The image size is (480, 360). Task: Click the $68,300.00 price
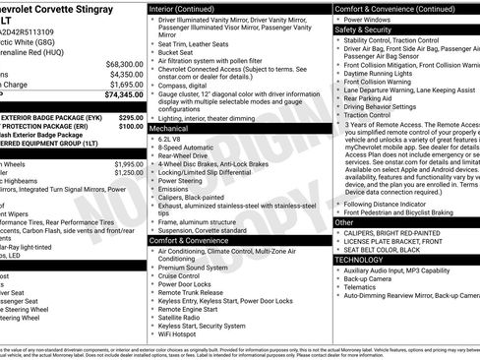click(x=125, y=63)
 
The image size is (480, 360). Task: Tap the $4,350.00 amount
click(x=127, y=74)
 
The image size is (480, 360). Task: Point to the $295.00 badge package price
click(x=131, y=116)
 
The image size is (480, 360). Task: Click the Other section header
click(x=344, y=222)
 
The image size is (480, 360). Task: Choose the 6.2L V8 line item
click(x=173, y=140)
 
